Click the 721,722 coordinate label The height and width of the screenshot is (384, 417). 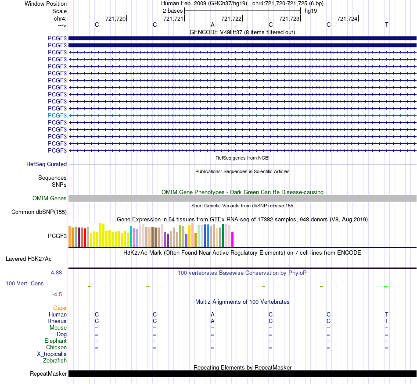pos(231,18)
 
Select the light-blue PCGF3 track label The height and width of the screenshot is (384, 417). pos(57,116)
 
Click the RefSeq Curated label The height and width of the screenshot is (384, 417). pos(47,164)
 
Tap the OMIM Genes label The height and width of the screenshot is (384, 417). pos(50,199)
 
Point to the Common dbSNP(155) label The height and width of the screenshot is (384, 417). pos(39,212)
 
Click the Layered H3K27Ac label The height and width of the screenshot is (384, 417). pos(29,259)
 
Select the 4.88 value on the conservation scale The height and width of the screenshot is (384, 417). pos(56,273)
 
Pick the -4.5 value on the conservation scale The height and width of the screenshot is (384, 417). pos(57,295)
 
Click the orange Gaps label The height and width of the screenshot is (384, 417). pos(60,308)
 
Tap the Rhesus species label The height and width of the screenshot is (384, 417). pos(57,321)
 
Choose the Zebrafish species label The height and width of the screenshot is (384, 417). pos(55,361)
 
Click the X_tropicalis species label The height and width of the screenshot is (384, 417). pos(52,354)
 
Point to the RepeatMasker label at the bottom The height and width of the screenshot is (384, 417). pos(48,373)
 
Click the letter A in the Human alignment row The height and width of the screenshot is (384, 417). pos(212,314)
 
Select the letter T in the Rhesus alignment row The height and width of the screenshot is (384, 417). pos(386,321)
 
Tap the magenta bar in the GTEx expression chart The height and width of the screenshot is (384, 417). pos(233,239)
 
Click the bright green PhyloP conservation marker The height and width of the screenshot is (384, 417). pos(385,287)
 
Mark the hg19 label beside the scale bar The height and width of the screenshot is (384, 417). pos(311,11)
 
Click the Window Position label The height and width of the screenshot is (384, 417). pos(46,4)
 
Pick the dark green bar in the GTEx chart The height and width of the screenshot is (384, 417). pos(223,235)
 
